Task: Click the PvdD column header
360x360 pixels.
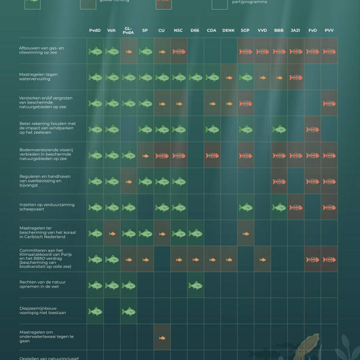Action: tap(95, 30)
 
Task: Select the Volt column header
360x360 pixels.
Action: tap(112, 30)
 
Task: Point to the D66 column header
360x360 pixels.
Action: tap(195, 30)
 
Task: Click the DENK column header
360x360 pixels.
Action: tap(228, 30)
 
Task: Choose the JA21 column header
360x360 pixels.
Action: tap(295, 30)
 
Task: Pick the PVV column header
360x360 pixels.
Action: tap(329, 30)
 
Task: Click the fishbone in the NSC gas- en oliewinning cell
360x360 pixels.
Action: tap(178, 52)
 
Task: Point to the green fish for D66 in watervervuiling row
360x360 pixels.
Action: tap(195, 78)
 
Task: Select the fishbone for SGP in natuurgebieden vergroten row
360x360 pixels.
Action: tap(245, 104)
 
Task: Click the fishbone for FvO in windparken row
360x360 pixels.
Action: tap(312, 130)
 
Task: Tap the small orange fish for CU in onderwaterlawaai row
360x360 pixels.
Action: tap(162, 338)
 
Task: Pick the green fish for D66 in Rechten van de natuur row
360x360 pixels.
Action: tap(195, 286)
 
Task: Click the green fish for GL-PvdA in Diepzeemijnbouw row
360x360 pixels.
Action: tap(129, 312)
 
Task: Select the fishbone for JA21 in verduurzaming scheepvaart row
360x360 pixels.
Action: tap(295, 208)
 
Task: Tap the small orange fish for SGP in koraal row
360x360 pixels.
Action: tap(245, 233)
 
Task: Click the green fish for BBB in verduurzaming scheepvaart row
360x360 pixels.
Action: tap(279, 208)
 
